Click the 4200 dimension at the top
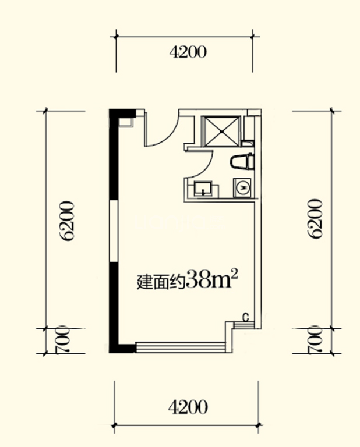(x=188, y=53)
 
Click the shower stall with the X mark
(x=220, y=131)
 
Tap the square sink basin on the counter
(x=203, y=187)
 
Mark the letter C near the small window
(x=246, y=317)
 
